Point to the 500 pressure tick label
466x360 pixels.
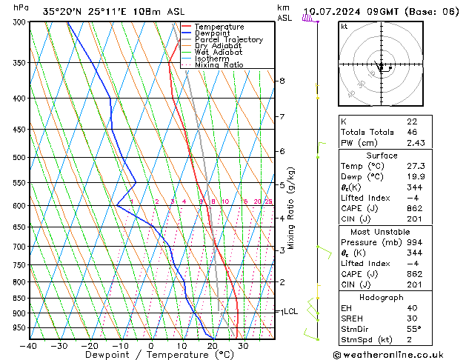click(x=20, y=158)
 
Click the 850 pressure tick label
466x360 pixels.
click(x=20, y=299)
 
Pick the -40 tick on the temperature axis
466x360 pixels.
click(x=30, y=346)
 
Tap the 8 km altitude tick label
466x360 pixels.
click(x=282, y=81)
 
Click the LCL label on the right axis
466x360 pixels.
click(x=290, y=312)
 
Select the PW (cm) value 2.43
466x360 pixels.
click(x=416, y=143)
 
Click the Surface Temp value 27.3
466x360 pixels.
click(x=416, y=167)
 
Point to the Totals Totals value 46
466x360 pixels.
click(x=412, y=132)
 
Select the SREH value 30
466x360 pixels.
click(x=412, y=319)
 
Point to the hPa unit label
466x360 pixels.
click(x=21, y=8)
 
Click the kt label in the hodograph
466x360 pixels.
click(x=344, y=27)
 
